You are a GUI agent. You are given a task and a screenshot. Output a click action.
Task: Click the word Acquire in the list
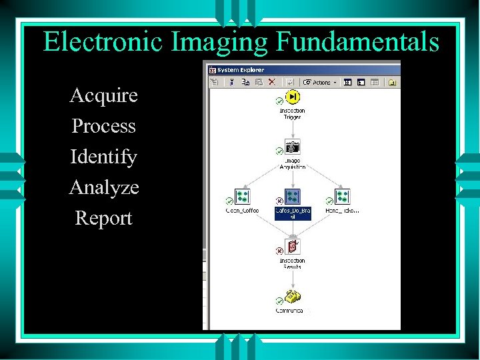point(103,95)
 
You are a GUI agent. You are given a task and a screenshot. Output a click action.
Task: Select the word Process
point(103,126)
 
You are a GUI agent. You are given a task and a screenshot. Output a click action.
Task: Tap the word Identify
point(103,157)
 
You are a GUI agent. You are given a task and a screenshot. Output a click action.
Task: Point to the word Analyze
point(104,187)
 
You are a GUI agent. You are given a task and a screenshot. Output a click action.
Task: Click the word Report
point(103,218)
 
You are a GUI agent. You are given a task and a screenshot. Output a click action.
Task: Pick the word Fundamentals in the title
point(357,42)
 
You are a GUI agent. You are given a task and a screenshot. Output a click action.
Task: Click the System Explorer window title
point(241,69)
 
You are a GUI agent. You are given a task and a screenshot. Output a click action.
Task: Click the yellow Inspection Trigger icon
point(292,97)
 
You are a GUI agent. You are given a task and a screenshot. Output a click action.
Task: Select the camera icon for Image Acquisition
point(292,147)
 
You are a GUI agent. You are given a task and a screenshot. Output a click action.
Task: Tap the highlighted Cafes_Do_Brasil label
point(293,213)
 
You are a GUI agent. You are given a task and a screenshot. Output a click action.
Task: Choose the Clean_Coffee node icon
point(242,197)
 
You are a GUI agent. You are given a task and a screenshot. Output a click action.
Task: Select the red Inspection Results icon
point(291,247)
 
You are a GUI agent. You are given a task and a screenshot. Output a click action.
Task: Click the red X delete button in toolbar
point(272,83)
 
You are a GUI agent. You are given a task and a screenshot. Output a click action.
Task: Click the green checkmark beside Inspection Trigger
point(279,101)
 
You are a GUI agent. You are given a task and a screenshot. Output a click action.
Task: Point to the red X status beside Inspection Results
point(279,251)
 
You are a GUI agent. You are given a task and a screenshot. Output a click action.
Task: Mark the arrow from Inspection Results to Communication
point(291,280)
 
